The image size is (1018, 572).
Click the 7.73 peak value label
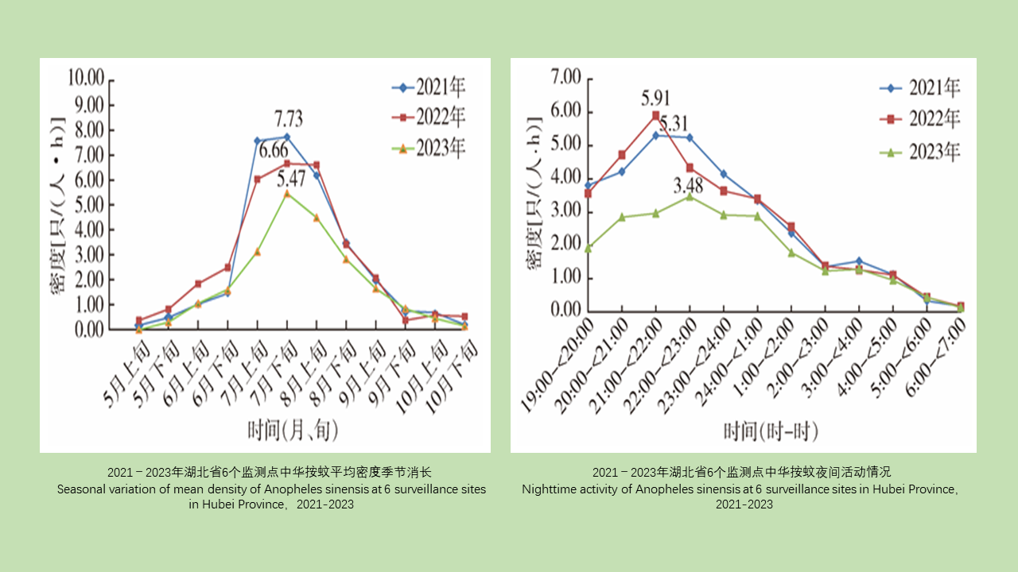coord(289,120)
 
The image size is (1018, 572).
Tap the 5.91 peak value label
coord(655,99)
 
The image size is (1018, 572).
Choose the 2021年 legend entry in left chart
coord(429,87)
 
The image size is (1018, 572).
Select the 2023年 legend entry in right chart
coord(920,152)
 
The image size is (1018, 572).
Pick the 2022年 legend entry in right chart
coord(920,119)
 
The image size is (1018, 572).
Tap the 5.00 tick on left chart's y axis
coord(89,204)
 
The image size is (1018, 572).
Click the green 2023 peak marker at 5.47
coord(287,193)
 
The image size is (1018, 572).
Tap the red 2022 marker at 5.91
coord(656,116)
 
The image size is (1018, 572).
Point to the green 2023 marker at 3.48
coord(690,196)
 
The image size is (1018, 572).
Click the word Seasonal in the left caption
coord(80,489)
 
